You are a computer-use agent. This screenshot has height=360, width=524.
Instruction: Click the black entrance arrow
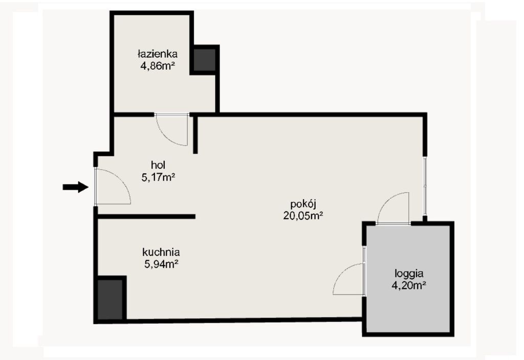click(x=76, y=187)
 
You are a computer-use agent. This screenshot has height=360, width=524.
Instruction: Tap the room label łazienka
click(x=158, y=54)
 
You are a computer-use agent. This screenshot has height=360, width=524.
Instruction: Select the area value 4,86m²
click(x=158, y=66)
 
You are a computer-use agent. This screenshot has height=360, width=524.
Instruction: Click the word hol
click(x=158, y=165)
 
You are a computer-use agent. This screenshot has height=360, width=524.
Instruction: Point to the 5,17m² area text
click(x=159, y=177)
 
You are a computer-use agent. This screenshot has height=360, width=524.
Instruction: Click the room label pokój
click(x=303, y=204)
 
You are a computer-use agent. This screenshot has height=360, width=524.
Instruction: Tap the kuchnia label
click(x=161, y=252)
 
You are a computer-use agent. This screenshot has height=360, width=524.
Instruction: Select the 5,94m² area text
click(x=161, y=264)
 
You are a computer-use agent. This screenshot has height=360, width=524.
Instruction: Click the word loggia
click(x=409, y=274)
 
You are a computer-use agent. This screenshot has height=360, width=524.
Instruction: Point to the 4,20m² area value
click(x=409, y=285)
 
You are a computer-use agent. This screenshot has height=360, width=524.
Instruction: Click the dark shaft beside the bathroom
click(x=205, y=60)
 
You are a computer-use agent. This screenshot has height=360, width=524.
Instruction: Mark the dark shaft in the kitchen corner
click(x=111, y=299)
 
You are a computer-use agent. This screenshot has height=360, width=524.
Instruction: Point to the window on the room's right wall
click(x=425, y=186)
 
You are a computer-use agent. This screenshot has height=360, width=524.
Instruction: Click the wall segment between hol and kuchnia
click(x=146, y=217)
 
